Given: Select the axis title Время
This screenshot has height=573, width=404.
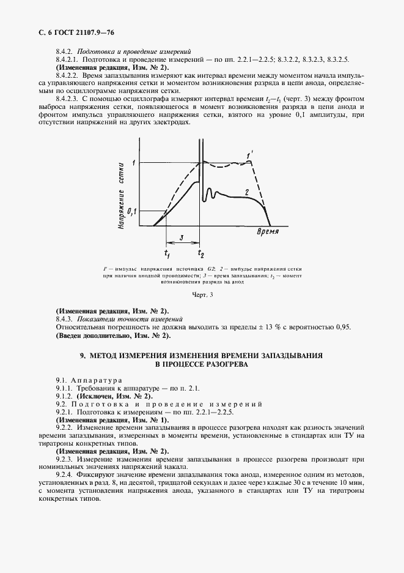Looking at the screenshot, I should tap(267, 232).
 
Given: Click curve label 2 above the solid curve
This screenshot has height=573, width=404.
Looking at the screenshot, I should tap(246, 192).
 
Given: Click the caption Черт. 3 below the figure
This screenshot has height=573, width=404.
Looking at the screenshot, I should tap(202, 296).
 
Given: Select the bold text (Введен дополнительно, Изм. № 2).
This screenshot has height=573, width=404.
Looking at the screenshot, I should tap(113, 335).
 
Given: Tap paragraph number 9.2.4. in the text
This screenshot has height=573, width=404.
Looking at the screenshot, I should tap(65, 476).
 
